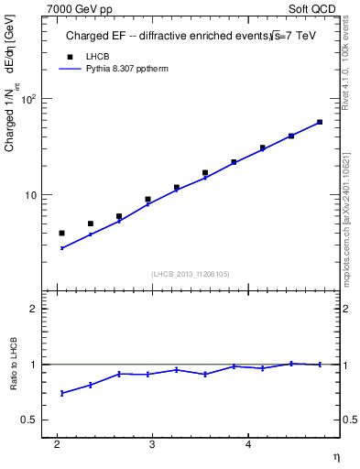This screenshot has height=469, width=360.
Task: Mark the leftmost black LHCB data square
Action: click(61, 233)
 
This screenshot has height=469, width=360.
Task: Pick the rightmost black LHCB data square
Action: click(320, 122)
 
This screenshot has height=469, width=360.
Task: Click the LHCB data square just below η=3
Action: click(147, 199)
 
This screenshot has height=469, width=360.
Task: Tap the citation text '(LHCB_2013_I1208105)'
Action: click(191, 274)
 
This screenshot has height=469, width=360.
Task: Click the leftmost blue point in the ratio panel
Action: click(61, 393)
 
